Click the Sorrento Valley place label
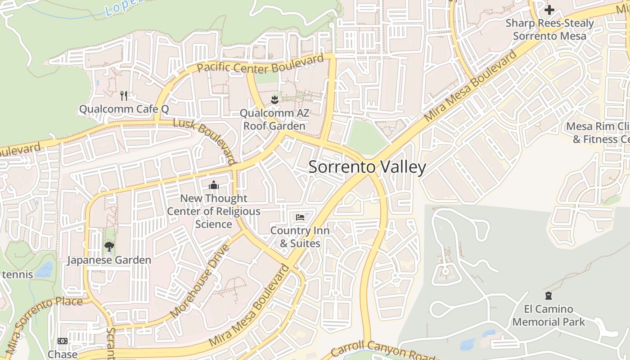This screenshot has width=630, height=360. (367, 167)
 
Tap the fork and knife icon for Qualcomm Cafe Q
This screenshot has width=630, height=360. (124, 95)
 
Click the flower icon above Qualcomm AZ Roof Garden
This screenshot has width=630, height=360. (274, 99)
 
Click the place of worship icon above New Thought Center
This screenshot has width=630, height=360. (214, 185)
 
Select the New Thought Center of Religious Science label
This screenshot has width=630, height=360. (214, 211)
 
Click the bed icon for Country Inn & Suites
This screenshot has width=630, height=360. (300, 217)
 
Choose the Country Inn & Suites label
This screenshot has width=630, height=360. (300, 237)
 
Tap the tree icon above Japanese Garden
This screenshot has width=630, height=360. (109, 246)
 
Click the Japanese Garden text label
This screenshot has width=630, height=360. (109, 260)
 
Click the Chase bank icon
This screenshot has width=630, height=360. (63, 341)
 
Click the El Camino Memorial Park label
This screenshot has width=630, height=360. (549, 315)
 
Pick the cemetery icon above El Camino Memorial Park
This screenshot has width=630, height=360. (549, 296)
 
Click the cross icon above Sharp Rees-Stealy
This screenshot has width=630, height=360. (549, 9)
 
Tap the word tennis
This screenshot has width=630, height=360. (17, 274)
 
